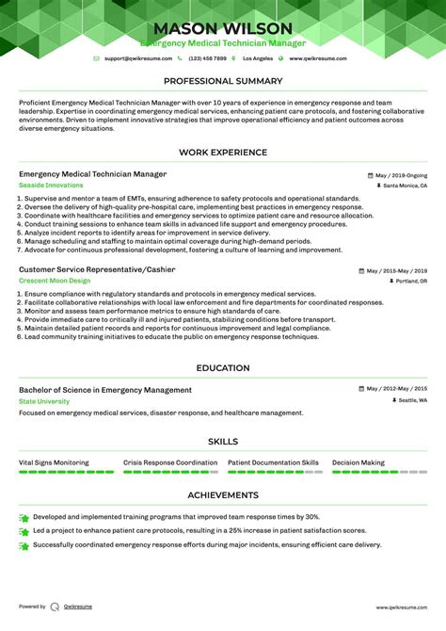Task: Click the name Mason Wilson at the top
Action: point(223,28)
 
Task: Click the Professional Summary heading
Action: point(223,82)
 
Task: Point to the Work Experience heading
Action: point(223,152)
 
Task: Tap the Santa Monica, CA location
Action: point(406,186)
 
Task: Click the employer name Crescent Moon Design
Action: point(55,281)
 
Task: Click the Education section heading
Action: point(223,368)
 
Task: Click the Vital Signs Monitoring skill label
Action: point(54,462)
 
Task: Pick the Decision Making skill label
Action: point(358,462)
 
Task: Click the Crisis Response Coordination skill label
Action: point(170,462)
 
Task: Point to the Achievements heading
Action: point(223,494)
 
